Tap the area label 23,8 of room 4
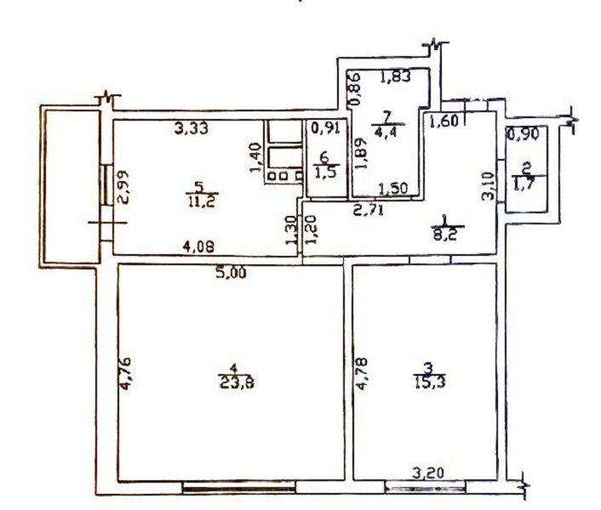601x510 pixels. click(x=236, y=382)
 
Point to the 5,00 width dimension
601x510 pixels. click(x=230, y=274)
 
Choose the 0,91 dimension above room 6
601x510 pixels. click(x=323, y=130)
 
